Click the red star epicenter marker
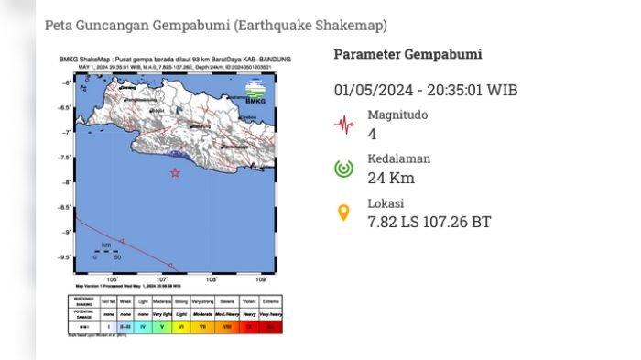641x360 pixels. (175, 172)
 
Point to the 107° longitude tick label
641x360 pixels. (162, 279)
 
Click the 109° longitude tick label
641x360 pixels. (261, 279)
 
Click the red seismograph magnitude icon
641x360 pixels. (343, 124)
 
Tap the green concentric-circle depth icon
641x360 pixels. (343, 169)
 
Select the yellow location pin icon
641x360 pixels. (343, 213)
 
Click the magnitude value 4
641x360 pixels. (372, 134)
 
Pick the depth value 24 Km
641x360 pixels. (386, 178)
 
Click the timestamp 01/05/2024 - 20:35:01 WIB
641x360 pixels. (426, 90)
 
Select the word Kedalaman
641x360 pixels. (398, 158)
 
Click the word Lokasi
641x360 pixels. (386, 203)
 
